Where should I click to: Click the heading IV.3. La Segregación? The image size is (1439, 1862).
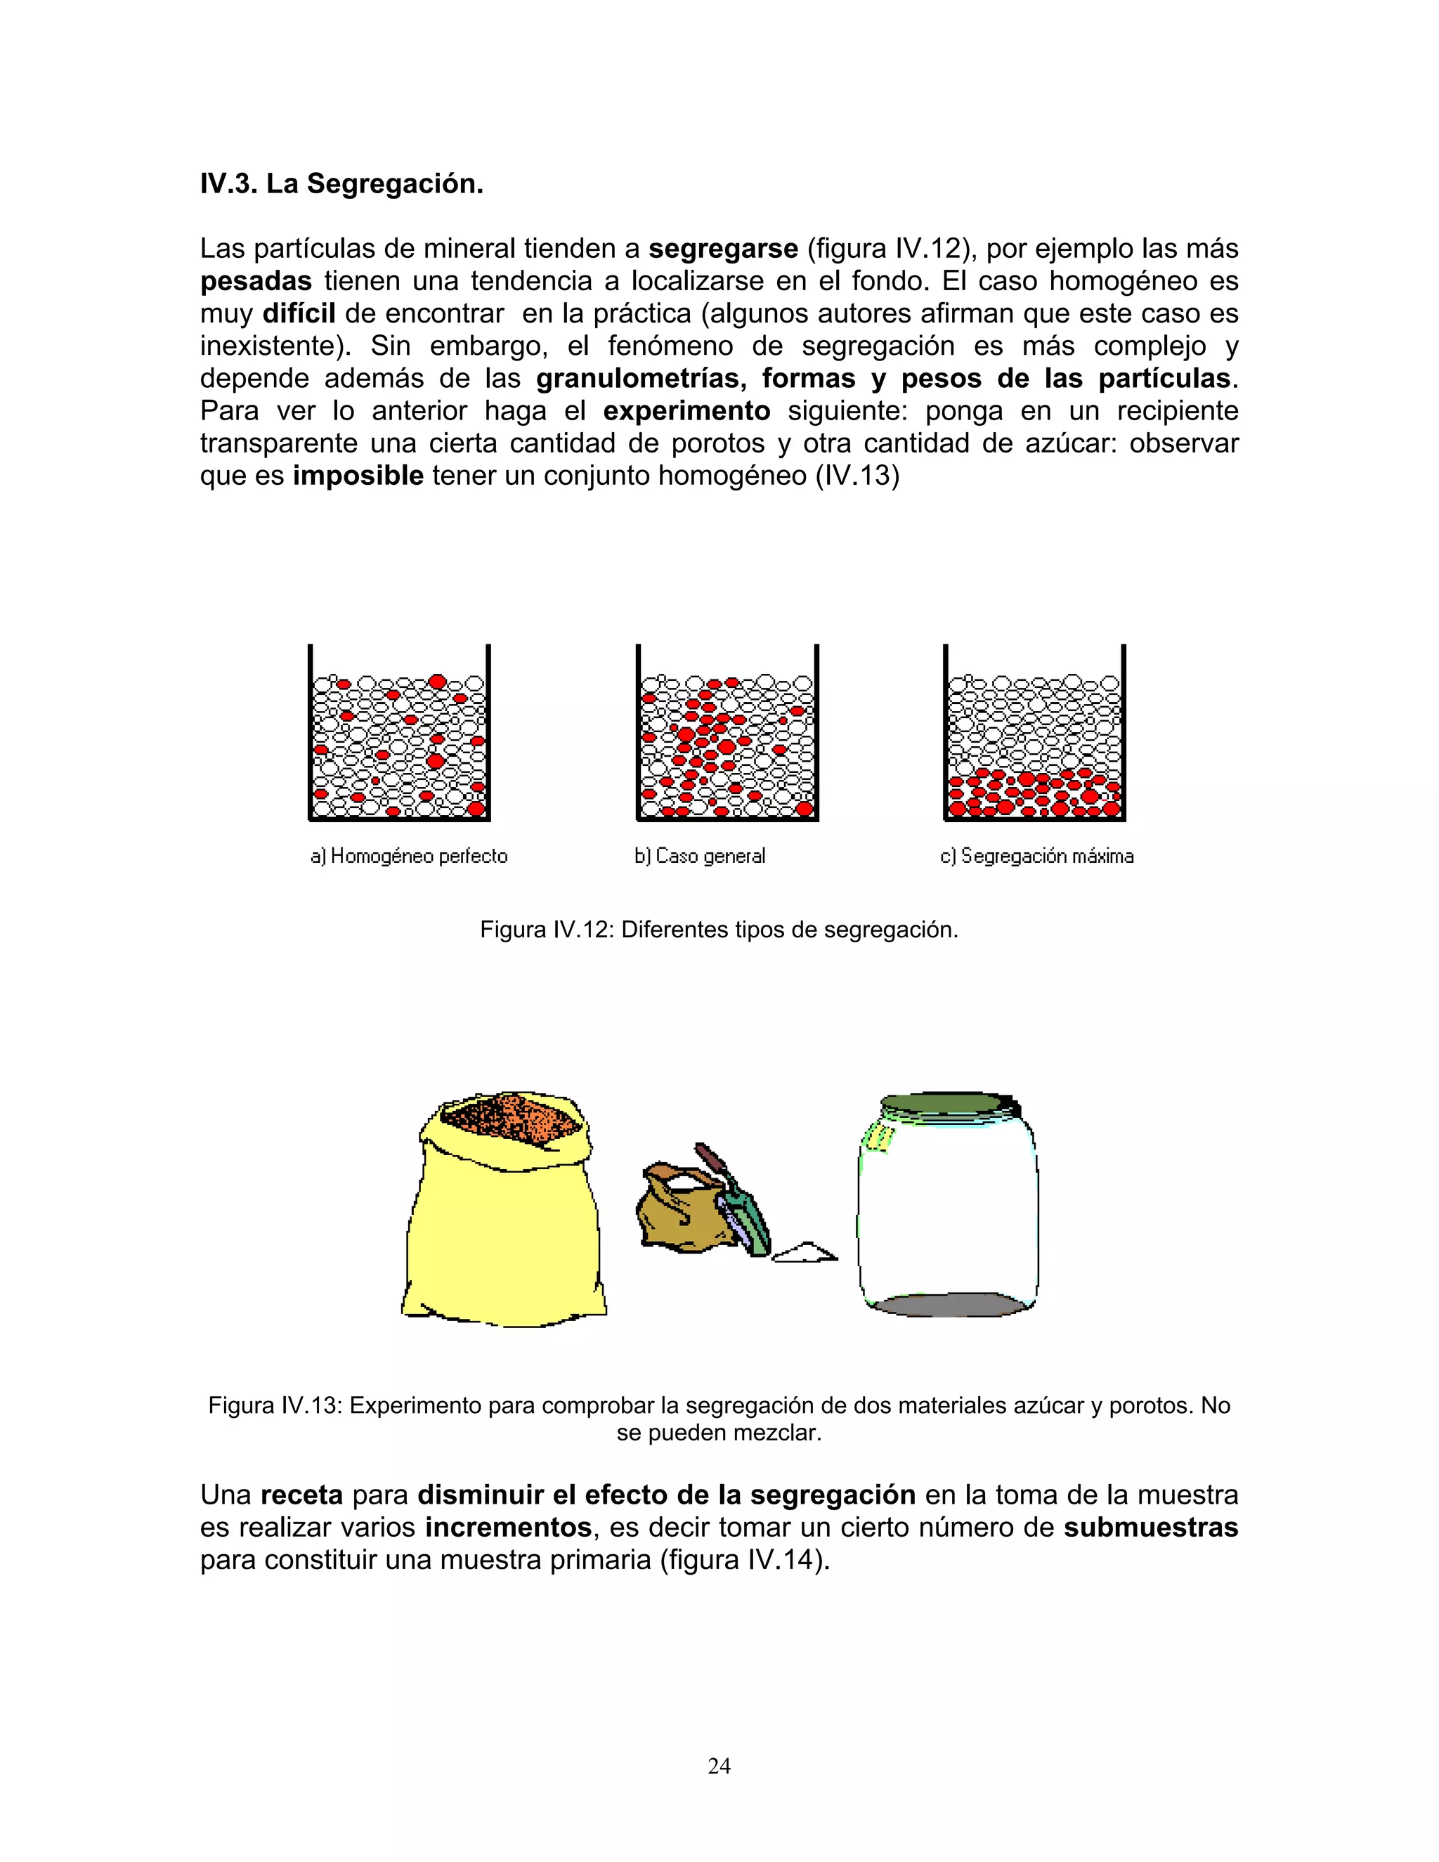[x=341, y=183]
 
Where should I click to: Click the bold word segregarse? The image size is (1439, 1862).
[x=722, y=249]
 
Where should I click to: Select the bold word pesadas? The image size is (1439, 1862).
[x=256, y=281]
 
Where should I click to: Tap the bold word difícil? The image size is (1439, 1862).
[x=299, y=314]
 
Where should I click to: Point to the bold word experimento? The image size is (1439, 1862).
[x=686, y=411]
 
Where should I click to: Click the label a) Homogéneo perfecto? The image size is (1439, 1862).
[x=408, y=856]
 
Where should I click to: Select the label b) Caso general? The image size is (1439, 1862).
[x=699, y=856]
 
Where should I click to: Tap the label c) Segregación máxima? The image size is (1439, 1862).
[x=1036, y=856]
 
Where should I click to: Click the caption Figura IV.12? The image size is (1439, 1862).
[x=718, y=930]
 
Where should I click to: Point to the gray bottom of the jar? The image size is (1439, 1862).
[x=946, y=1304]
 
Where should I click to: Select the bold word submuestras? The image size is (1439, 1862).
[x=1150, y=1527]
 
